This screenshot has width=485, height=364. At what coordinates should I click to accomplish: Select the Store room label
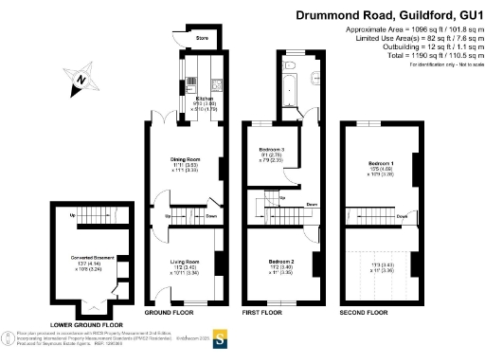(x=201, y=39)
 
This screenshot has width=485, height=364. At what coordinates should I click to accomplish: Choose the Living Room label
(x=184, y=261)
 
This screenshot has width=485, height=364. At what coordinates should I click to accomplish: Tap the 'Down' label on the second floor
(x=403, y=217)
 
